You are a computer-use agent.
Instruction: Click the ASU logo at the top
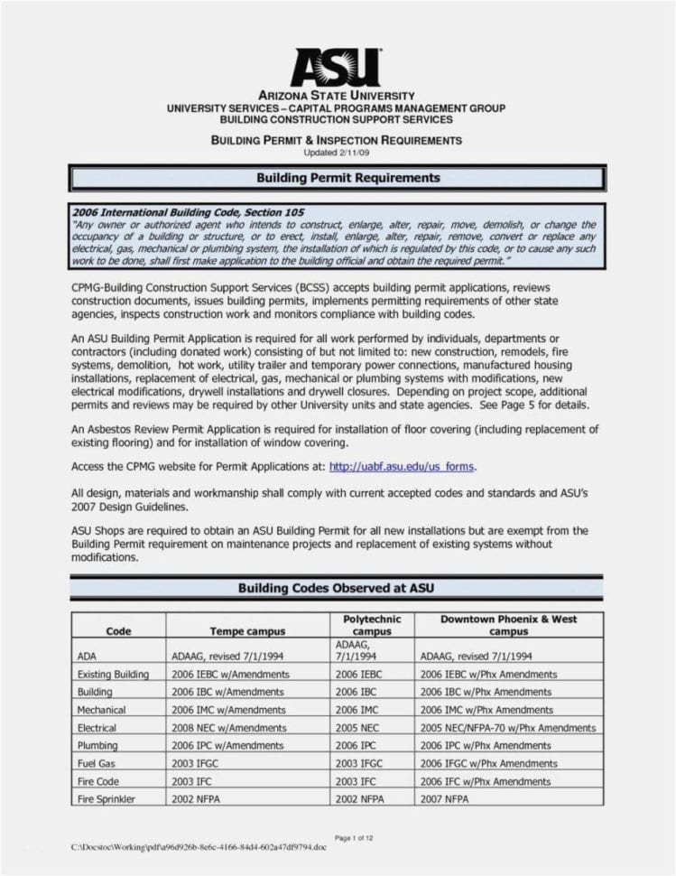tap(335, 66)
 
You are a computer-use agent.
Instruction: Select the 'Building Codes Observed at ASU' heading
tap(336, 588)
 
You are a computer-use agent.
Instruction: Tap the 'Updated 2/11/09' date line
tap(336, 153)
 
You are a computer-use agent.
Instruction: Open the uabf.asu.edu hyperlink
tap(401, 467)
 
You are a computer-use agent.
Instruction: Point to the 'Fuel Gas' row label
tap(97, 763)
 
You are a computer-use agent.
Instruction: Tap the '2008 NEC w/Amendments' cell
tap(228, 728)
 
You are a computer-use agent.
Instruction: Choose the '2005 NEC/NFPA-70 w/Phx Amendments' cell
tap(507, 728)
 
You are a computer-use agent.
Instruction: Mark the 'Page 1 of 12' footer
tap(354, 839)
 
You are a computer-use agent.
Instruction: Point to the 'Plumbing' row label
tap(97, 746)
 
